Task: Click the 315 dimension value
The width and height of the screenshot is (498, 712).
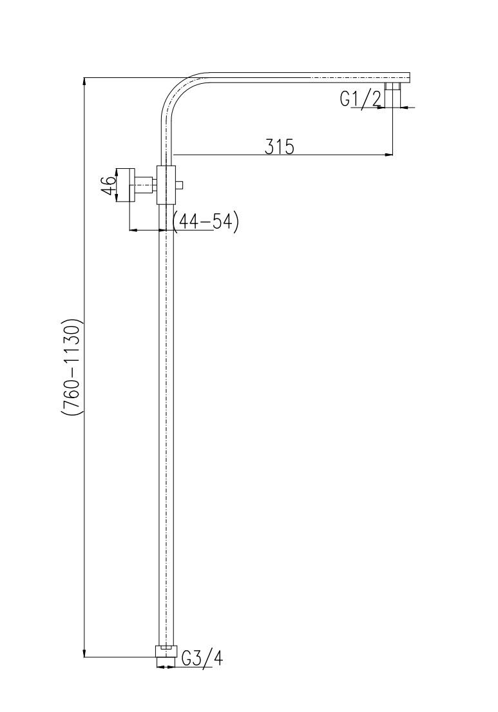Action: click(280, 147)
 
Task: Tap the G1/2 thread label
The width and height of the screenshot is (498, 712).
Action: click(360, 99)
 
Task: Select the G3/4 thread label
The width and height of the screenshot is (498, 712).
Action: click(202, 657)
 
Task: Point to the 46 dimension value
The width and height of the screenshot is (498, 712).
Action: click(108, 186)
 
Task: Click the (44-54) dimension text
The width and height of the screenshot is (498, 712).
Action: click(206, 222)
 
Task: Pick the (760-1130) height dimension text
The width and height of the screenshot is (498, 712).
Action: click(72, 367)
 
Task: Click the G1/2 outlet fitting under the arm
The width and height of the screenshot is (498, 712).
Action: click(392, 87)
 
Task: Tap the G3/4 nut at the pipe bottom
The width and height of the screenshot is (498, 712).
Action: click(165, 651)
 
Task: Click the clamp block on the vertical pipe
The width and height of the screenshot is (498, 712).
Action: click(166, 185)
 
